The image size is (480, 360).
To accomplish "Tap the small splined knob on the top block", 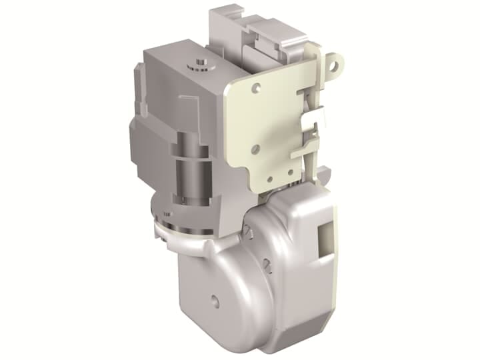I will (x=198, y=64).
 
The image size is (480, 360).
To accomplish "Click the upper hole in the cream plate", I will (x=257, y=86).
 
